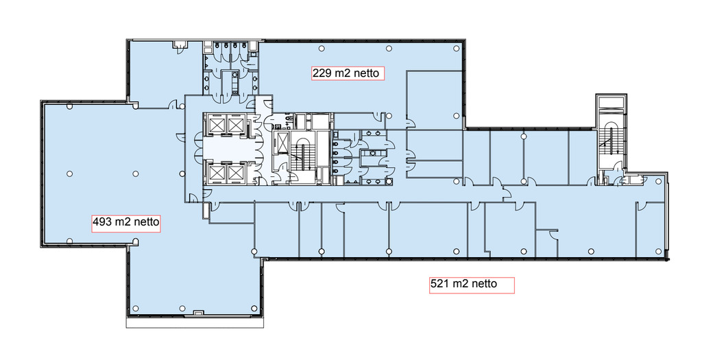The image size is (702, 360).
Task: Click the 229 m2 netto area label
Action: (x=348, y=73)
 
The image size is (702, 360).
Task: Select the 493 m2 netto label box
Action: (x=126, y=222)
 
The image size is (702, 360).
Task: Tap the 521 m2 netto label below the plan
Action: (x=472, y=285)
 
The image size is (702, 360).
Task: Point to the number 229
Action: (x=322, y=73)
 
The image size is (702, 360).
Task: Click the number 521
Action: (x=439, y=284)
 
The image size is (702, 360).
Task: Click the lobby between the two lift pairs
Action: (x=223, y=148)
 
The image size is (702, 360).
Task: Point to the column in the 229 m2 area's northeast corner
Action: (x=456, y=49)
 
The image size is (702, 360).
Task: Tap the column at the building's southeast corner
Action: (x=658, y=251)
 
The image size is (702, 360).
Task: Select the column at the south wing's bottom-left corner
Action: (x=135, y=308)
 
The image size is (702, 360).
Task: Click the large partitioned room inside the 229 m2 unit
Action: (x=434, y=100)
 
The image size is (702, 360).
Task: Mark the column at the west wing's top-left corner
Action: (x=69, y=106)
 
